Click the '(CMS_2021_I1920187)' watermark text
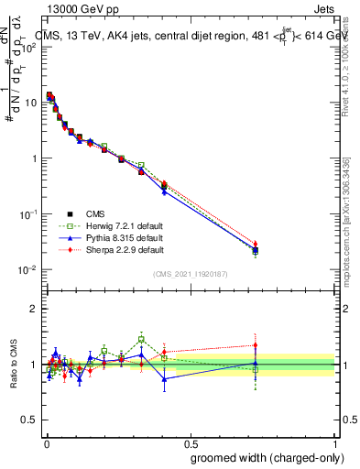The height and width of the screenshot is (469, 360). point(190,272)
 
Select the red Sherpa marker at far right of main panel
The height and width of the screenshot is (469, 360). point(256,244)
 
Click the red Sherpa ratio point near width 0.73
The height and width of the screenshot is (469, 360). point(256,345)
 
